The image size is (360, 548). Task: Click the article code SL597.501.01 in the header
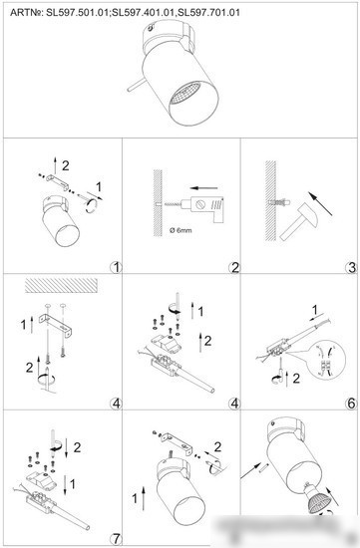[77, 13]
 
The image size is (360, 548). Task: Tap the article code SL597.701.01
[208, 13]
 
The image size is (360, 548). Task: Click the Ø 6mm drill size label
[180, 230]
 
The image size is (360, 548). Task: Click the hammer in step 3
[299, 221]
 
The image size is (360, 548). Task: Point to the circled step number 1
[116, 268]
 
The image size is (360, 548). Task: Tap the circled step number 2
[234, 268]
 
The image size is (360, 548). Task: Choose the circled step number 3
[351, 268]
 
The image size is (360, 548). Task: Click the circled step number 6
[351, 404]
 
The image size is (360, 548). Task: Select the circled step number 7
[116, 539]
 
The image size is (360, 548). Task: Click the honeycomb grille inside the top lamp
[184, 93]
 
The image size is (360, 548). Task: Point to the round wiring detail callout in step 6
[328, 360]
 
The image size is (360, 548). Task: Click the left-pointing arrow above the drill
[204, 188]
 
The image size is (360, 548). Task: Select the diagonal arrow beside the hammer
[320, 203]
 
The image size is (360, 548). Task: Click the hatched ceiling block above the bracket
[61, 285]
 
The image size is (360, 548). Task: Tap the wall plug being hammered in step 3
[280, 202]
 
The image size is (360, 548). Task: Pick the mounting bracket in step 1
[58, 182]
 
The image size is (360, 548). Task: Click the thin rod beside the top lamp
[137, 85]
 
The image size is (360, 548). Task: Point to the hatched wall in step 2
[158, 203]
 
